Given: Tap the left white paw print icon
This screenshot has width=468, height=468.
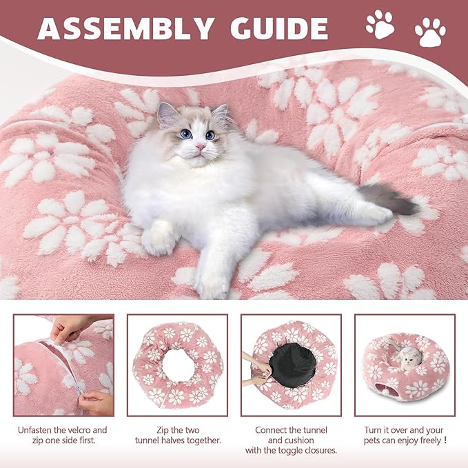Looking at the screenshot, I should tap(380, 24).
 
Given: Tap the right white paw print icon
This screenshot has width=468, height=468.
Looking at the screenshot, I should tap(430, 32).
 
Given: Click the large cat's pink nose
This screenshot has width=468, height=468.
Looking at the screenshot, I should tap(200, 147).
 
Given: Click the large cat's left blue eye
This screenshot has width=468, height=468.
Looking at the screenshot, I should tap(185, 134).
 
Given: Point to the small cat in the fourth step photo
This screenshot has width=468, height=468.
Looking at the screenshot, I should tap(410, 357).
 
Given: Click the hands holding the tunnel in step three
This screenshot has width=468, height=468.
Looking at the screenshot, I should tap(256, 368).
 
